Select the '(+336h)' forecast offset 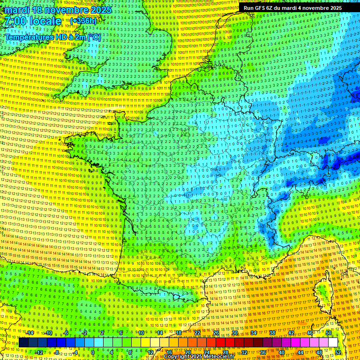pyautogui.click(x=83, y=21)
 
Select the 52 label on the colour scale pyautogui.click(x=338, y=352)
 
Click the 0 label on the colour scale pyautogui.click(x=93, y=352)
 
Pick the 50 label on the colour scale pyautogui.click(x=329, y=333)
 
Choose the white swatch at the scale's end pyautogui.click(x=333, y=343)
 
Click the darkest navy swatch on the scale pyautogui.click(x=23, y=343)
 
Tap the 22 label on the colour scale pyautogui.click(x=197, y=333)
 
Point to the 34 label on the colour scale pyautogui.click(x=254, y=333)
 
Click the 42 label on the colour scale pyautogui.click(x=291, y=333)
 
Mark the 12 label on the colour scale pyautogui.click(x=150, y=352)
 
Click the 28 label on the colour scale pyautogui.click(x=225, y=352)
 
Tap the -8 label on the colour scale pyautogui.click(x=57, y=352)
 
